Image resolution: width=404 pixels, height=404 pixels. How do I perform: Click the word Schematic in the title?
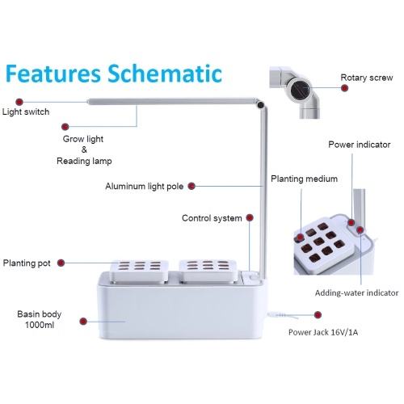coord(165,74)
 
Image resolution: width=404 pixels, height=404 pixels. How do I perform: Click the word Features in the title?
coord(53,74)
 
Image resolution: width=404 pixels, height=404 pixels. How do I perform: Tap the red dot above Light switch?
coord(19,102)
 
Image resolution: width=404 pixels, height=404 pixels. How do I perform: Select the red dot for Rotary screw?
coord(344,88)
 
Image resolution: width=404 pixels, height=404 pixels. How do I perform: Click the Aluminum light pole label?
coord(145,186)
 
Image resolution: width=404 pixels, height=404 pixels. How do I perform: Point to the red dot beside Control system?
coord(250,217)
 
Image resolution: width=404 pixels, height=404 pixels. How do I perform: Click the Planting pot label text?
coord(27,263)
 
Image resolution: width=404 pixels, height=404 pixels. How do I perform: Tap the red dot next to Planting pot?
coord(61,263)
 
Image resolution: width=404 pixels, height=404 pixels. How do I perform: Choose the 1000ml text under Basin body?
coord(40,325)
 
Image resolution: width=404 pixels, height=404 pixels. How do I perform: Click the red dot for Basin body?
coord(83,321)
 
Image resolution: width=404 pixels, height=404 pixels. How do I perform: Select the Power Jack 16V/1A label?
coord(323,332)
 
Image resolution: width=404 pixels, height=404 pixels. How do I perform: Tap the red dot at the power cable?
coord(318,315)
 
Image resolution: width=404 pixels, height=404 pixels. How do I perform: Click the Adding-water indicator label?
coord(356,292)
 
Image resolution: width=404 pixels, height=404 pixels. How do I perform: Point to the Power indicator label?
coord(360,145)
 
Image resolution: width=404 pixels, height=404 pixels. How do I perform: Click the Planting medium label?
coord(304,179)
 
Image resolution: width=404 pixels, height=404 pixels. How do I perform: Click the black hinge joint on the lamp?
coord(260,105)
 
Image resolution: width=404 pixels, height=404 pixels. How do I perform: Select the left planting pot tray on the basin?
coord(139,271)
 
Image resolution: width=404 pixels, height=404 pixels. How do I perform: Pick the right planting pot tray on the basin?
coord(208,271)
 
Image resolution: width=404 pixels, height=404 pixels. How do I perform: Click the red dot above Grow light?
coord(65,127)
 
